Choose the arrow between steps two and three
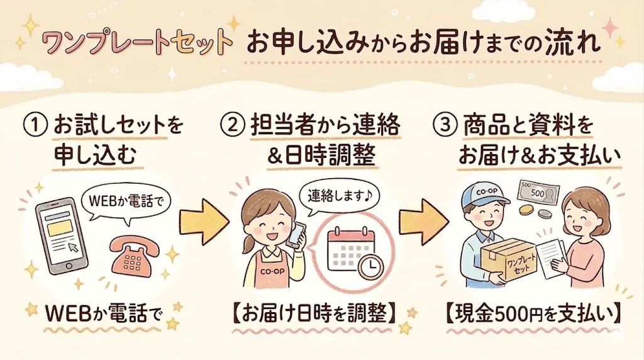tap(422, 221)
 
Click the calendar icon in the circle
tap(350, 250)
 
